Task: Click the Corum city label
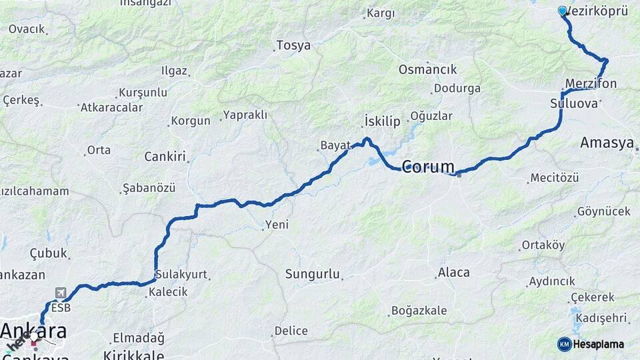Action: pos(428,167)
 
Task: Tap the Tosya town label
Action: pos(293,46)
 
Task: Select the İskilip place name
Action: pos(383,121)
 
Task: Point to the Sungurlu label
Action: pos(313,274)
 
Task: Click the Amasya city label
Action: pos(606,143)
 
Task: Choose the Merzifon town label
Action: pos(591,83)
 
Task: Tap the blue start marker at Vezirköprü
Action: pos(562,11)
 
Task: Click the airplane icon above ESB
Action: pos(61,293)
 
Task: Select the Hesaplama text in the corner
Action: pos(599,344)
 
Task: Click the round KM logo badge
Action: pos(565,344)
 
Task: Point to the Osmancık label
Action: pos(427,69)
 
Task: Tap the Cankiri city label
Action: pos(165,157)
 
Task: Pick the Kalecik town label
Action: pos(168,292)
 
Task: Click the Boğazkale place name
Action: pos(417,310)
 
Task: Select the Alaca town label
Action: pos(453,273)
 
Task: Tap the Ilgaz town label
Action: pos(174,71)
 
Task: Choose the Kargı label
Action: pos(381,13)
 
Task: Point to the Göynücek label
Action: pos(603,211)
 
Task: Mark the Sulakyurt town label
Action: pos(181,274)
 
